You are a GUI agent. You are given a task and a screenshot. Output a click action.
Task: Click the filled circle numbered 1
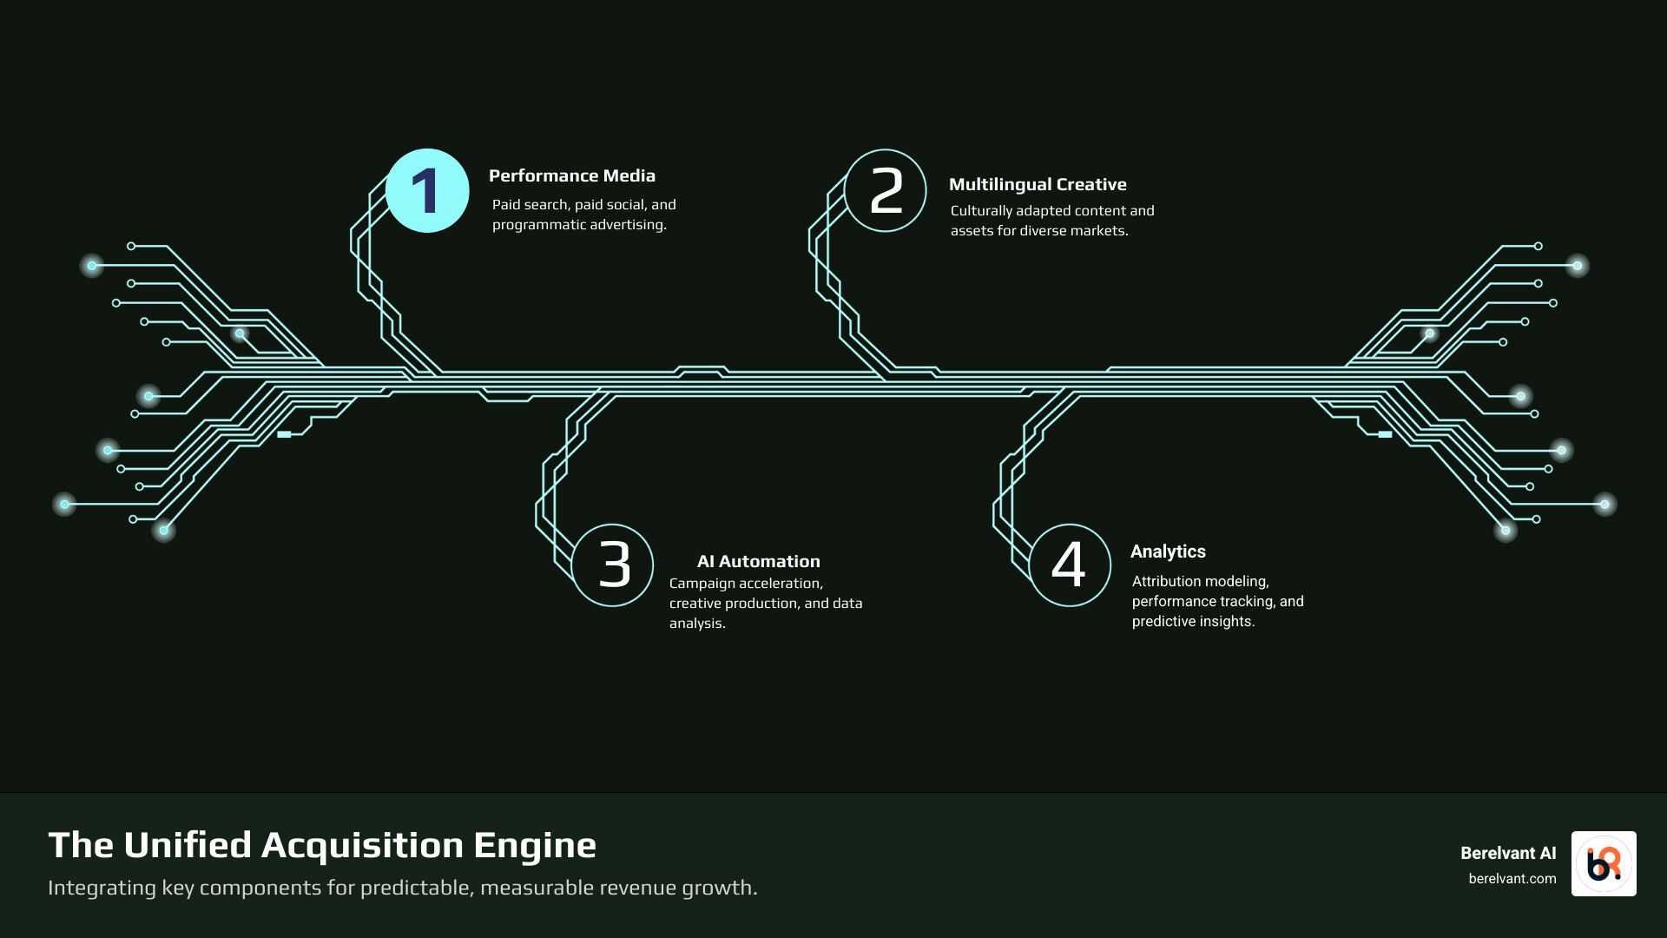[x=427, y=191]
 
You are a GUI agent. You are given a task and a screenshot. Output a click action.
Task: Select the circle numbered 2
[x=886, y=191]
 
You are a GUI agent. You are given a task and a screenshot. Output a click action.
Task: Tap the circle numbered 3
[x=613, y=565]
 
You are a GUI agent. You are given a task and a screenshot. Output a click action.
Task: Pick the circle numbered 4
[x=1070, y=565]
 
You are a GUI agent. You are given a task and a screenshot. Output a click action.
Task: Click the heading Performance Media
[x=572, y=175]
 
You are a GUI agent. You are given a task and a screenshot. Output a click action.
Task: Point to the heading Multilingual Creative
[x=1038, y=184]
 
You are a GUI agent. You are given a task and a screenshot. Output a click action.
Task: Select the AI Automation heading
[x=758, y=561]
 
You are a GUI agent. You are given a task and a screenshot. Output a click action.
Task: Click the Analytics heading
[x=1168, y=552]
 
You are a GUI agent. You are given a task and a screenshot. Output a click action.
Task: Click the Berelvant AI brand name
[x=1508, y=853]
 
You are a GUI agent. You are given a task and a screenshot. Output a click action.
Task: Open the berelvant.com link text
[x=1512, y=879]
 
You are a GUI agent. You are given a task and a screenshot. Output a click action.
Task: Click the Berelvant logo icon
[x=1604, y=863]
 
